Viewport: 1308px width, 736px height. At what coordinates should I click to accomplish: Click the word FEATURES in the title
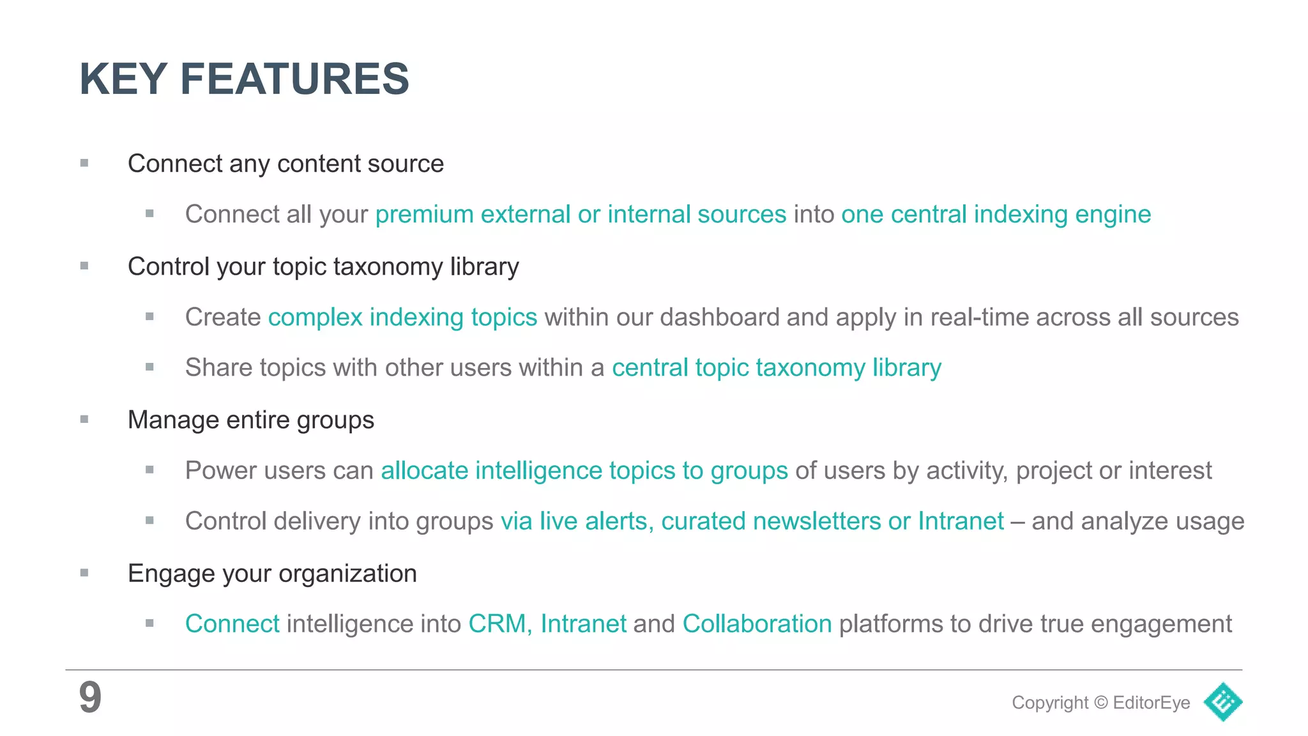point(294,79)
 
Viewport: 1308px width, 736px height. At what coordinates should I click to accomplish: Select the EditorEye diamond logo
point(1222,702)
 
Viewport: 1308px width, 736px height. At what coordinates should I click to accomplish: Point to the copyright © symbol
point(1100,703)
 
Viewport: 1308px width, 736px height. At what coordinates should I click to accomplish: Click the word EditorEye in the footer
point(1151,703)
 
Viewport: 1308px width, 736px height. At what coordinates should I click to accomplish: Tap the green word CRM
point(498,624)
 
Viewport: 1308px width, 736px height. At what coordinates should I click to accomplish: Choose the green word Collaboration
point(757,624)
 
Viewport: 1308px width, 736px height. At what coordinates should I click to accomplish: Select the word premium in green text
point(424,215)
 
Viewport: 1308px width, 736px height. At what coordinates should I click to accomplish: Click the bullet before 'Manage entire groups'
point(84,419)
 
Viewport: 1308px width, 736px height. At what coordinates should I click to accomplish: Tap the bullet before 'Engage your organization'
point(84,572)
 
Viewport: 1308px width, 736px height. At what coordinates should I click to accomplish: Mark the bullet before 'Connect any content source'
point(84,163)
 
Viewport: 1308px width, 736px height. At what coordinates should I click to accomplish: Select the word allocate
point(425,470)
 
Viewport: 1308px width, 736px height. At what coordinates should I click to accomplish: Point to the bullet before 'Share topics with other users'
point(149,367)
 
